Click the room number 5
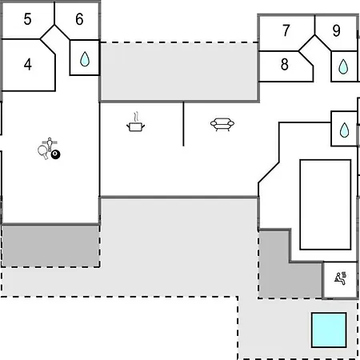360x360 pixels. pyautogui.click(x=27, y=19)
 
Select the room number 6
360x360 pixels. pyautogui.click(x=79, y=19)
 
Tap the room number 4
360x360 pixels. pyautogui.click(x=28, y=65)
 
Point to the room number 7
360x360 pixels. pyautogui.click(x=286, y=30)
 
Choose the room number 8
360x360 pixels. pyautogui.click(x=285, y=64)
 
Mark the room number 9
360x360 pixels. pyautogui.click(x=337, y=30)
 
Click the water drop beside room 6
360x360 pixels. pyautogui.click(x=85, y=59)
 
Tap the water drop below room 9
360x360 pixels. pyautogui.click(x=343, y=66)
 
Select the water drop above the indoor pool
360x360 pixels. pyautogui.click(x=344, y=130)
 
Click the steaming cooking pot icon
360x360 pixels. pyautogui.click(x=136, y=122)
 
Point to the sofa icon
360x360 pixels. pyautogui.click(x=222, y=124)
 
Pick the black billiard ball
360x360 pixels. pyautogui.click(x=55, y=154)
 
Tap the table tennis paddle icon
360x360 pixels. pyautogui.click(x=43, y=152)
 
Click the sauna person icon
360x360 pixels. pyautogui.click(x=341, y=278)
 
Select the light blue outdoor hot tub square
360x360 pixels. pyautogui.click(x=329, y=330)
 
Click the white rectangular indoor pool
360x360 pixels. pyautogui.click(x=326, y=205)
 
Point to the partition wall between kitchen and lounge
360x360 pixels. pyautogui.click(x=183, y=124)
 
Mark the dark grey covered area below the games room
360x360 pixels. pyautogui.click(x=50, y=246)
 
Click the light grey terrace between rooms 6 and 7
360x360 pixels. pyautogui.click(x=178, y=71)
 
